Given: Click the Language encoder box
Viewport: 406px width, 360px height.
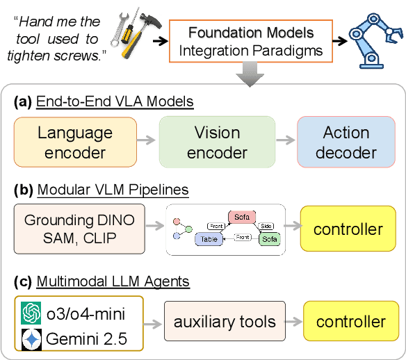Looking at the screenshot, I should click(75, 142).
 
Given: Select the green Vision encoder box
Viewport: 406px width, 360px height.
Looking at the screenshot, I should click(217, 142).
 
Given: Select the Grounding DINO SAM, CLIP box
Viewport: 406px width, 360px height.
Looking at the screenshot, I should click(80, 229).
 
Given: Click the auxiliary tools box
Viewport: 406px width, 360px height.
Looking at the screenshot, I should click(225, 322).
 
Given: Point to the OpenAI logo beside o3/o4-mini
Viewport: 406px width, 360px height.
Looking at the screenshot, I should click(32, 312).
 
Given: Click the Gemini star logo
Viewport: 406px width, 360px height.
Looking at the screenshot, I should click(32, 340).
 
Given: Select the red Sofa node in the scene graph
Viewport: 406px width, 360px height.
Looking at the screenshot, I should click(242, 216).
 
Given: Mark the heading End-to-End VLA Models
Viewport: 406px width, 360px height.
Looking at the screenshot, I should click(114, 101).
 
